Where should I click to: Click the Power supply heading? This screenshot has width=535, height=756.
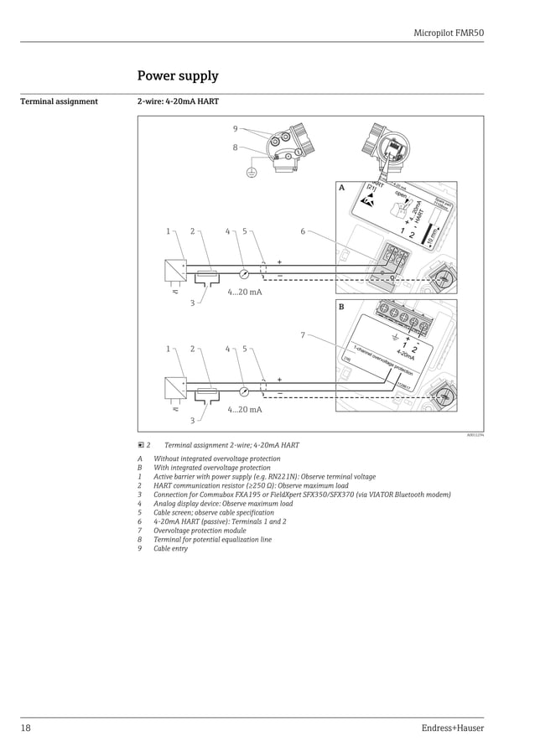point(178,76)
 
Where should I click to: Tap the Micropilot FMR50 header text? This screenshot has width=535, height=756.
point(449,33)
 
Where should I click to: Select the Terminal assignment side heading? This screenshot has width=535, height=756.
point(59,102)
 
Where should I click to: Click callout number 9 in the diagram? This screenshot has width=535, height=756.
point(236,128)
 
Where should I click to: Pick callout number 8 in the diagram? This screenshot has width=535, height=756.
point(236,148)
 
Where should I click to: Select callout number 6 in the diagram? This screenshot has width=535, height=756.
point(303,231)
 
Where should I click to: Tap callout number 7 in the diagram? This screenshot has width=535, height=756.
point(303,335)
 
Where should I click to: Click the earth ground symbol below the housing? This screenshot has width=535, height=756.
point(250,173)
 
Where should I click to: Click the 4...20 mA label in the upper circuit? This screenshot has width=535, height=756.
point(245,292)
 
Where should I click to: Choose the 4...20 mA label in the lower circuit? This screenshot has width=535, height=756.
point(245,409)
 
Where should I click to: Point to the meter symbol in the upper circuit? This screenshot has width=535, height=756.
point(243,273)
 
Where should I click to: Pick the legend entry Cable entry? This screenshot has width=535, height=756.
point(170,549)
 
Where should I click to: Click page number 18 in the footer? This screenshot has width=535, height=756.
point(26,728)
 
